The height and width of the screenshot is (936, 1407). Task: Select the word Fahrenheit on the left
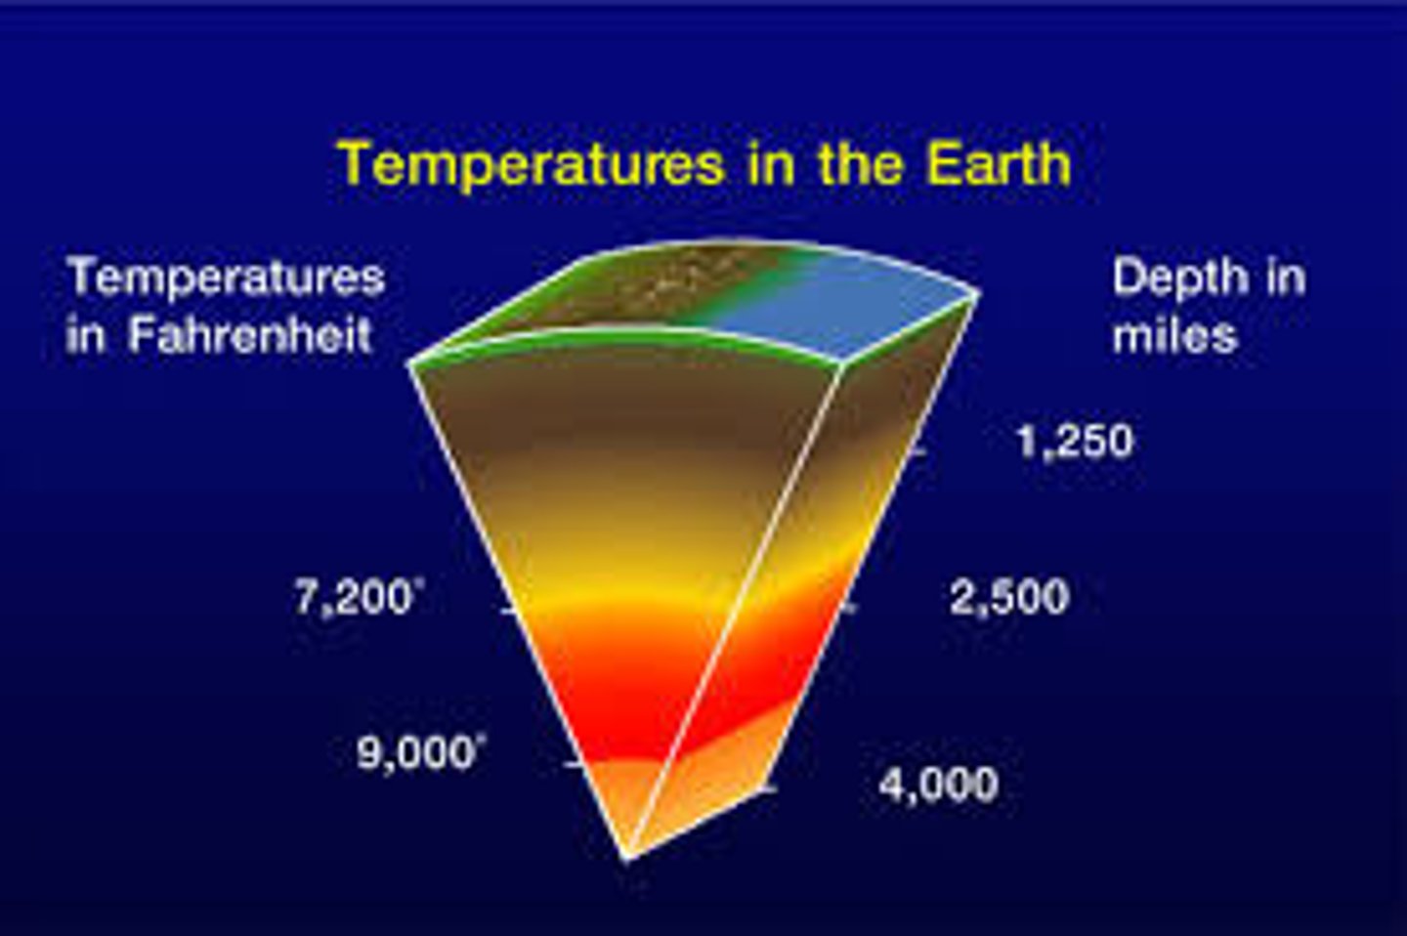250,335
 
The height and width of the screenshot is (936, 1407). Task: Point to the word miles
1173,335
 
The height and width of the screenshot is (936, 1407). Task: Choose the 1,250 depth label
1075,441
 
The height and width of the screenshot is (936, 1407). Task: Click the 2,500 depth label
1009,597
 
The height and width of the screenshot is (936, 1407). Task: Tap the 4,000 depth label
939,784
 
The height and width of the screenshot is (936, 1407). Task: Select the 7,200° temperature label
357,597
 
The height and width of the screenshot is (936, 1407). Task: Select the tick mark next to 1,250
917,452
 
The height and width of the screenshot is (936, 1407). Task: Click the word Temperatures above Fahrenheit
226,277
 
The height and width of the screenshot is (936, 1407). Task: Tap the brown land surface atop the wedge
625,293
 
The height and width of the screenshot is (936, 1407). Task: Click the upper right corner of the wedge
976,290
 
